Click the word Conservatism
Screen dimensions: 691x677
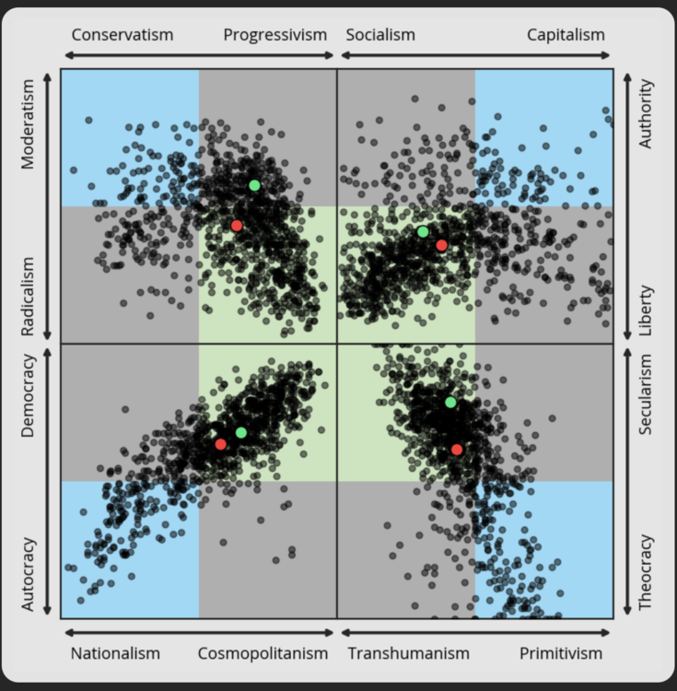coord(122,35)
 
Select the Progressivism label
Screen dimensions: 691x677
coord(274,35)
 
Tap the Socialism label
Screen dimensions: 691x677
coord(380,35)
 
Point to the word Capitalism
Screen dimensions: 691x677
coord(566,35)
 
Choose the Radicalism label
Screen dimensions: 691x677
coord(28,297)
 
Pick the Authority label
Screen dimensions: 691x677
coord(646,114)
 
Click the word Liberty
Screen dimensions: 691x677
coord(646,309)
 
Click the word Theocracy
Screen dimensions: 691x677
coord(646,572)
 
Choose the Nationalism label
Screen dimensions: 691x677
coord(115,653)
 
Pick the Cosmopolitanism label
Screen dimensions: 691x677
coord(263,653)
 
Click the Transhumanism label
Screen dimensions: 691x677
coord(408,653)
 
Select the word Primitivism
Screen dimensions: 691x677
coord(561,653)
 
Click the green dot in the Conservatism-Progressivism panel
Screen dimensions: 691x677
coord(254,185)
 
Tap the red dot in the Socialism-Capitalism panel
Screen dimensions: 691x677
coord(441,245)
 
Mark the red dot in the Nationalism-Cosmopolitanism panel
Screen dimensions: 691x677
coord(221,444)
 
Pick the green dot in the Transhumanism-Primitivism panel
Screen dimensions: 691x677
coord(450,402)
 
